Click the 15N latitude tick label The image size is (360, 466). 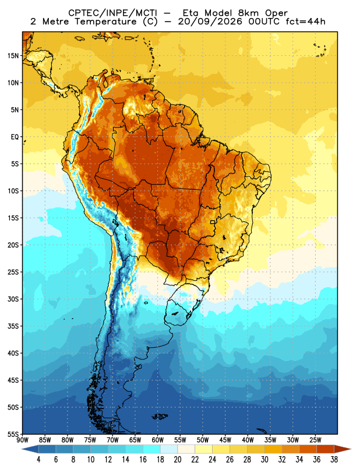(13, 55)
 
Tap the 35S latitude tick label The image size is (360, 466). (13, 326)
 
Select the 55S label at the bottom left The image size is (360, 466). (13, 435)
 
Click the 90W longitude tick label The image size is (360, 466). (23, 440)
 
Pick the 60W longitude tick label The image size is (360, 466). (157, 440)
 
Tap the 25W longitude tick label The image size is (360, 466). (315, 440)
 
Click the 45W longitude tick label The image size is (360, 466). (225, 440)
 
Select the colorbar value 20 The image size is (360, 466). (178, 460)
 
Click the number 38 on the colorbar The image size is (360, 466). (334, 460)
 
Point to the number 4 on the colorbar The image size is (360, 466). (38, 460)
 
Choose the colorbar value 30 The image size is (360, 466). (264, 460)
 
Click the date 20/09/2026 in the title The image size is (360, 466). (210, 22)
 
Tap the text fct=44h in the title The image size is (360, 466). (306, 22)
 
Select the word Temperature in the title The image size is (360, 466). (105, 22)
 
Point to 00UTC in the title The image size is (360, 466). (264, 22)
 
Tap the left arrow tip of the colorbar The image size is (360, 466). (22, 449)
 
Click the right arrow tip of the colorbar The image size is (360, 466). (351, 449)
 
